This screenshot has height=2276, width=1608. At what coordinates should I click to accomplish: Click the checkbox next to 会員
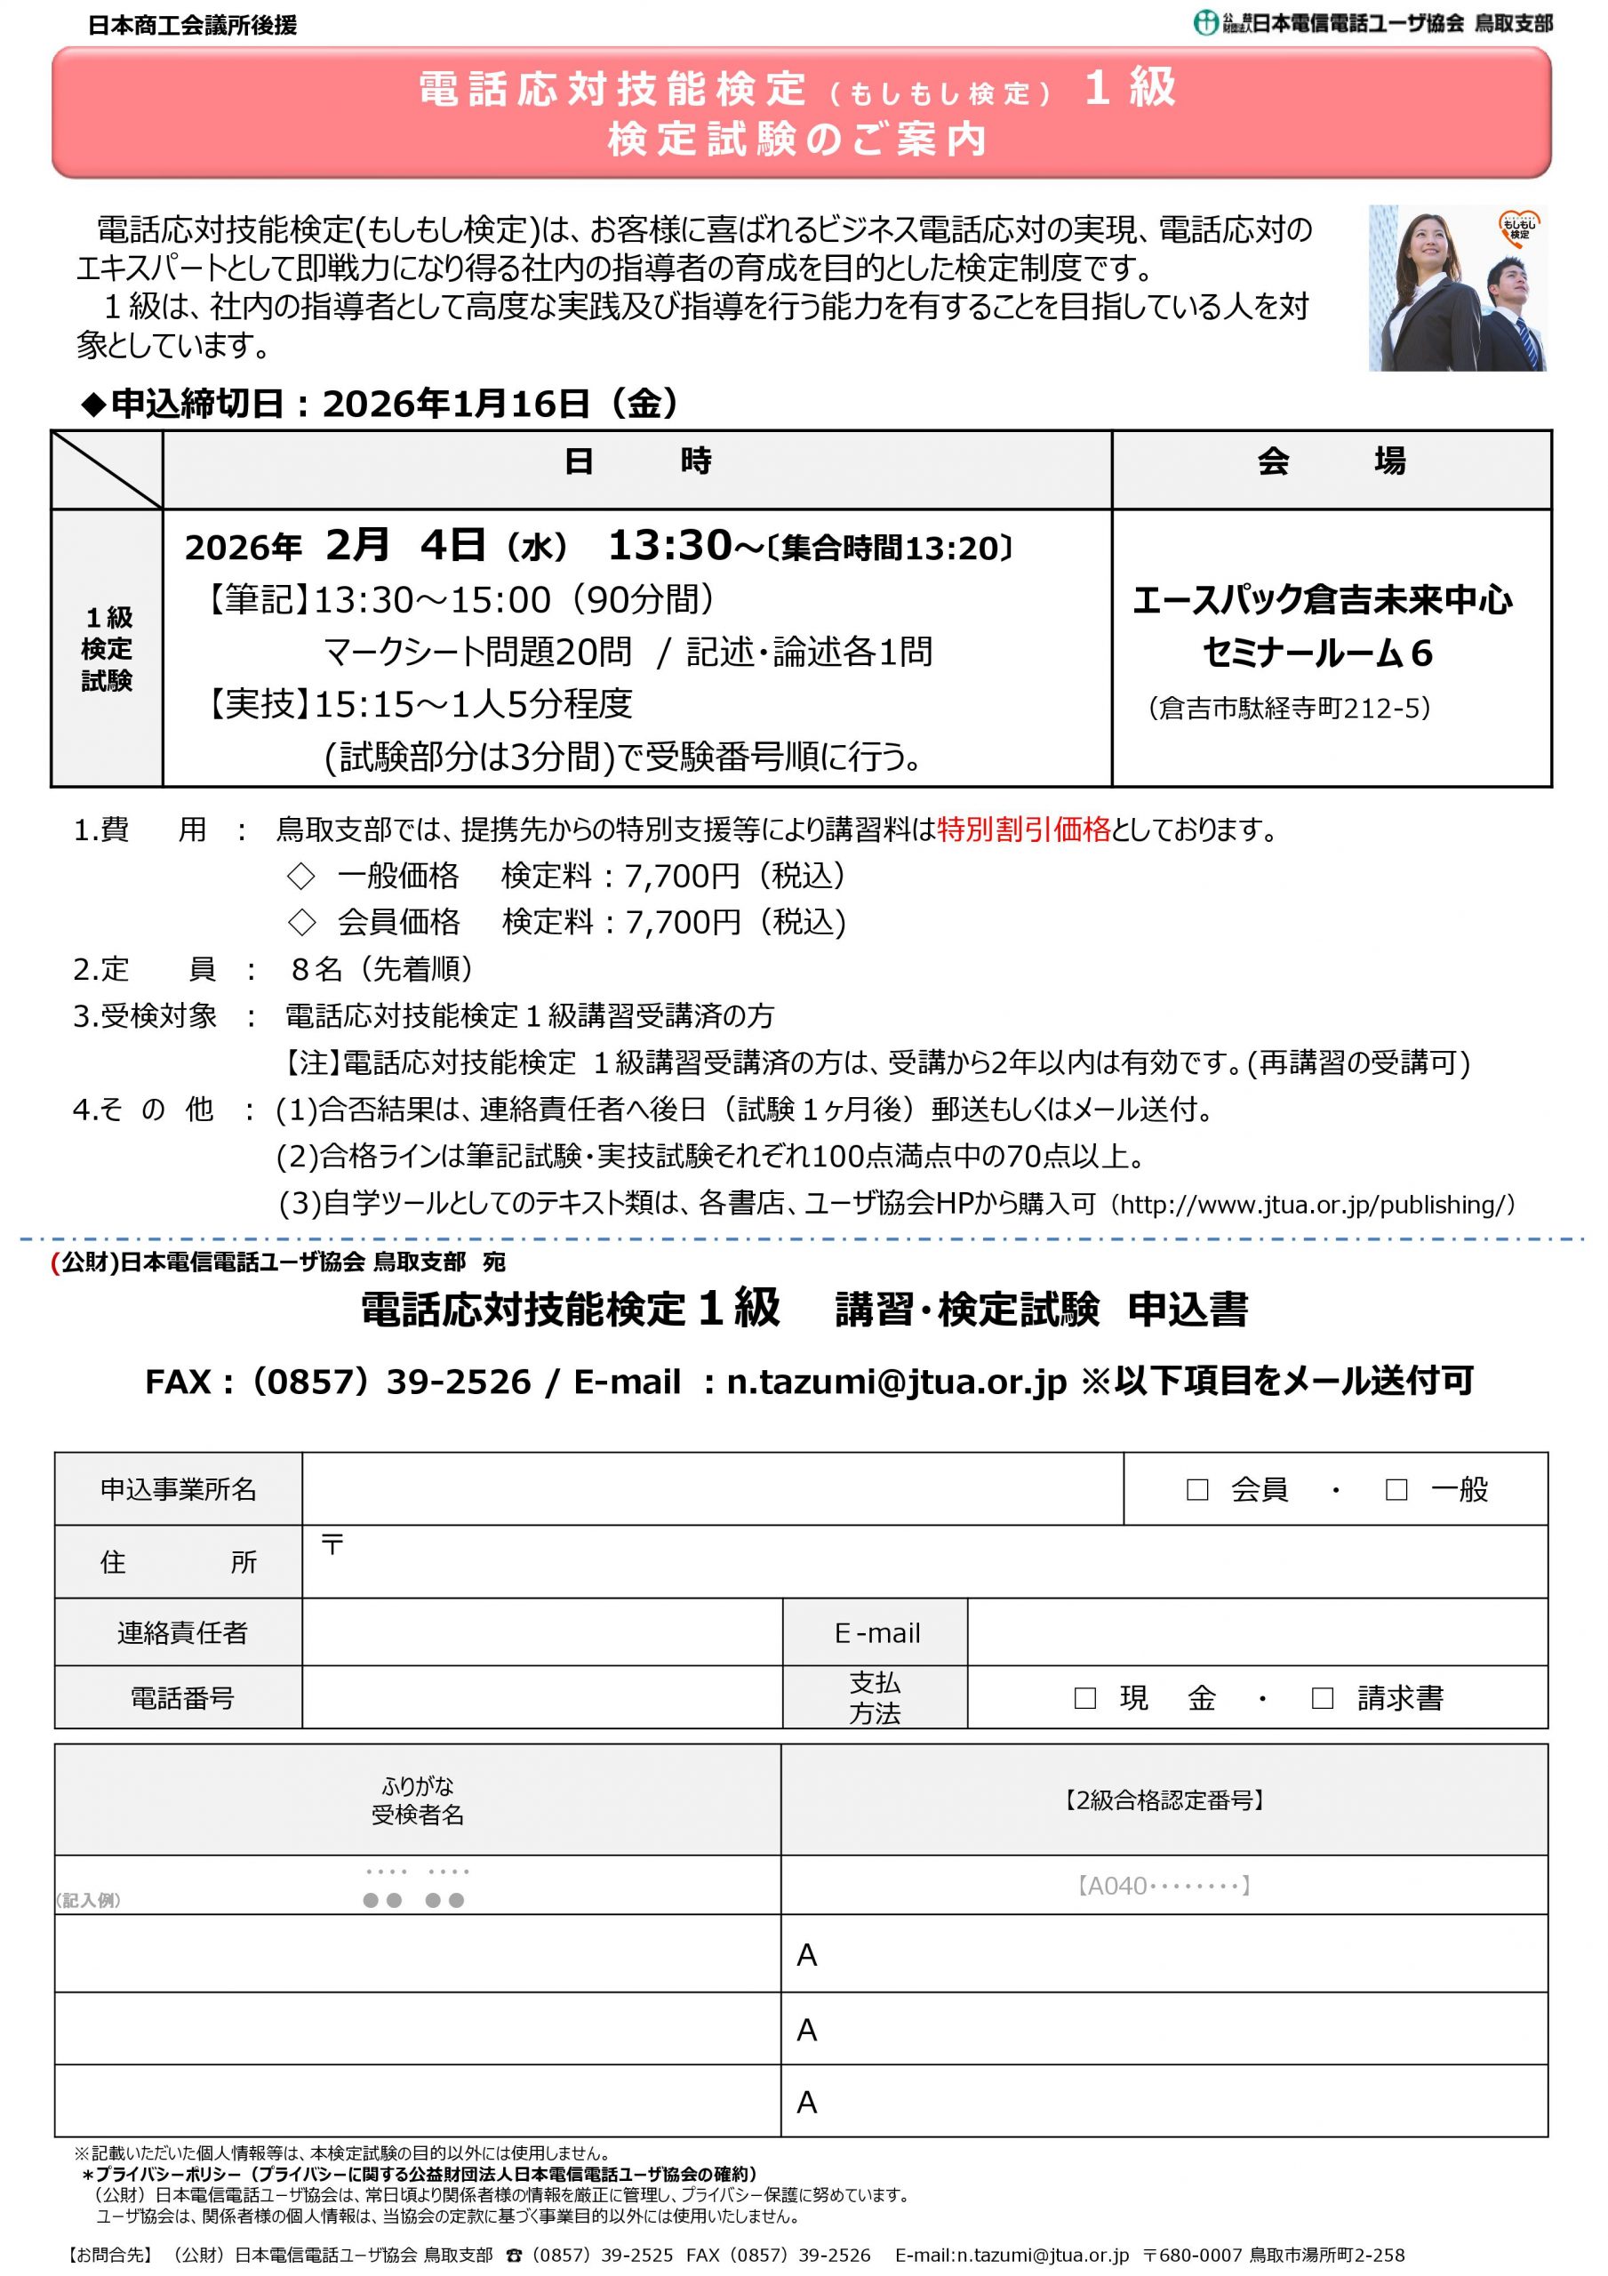pos(1196,1489)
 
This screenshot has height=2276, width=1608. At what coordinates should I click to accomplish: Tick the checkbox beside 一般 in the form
pos(1396,1489)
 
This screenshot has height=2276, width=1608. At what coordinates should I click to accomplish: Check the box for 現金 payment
pos(1085,1698)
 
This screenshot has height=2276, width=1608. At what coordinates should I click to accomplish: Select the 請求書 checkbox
pos(1322,1698)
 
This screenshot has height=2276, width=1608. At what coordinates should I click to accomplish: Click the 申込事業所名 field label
pos(179,1489)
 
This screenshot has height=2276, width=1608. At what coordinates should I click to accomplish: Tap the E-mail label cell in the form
pos(876,1632)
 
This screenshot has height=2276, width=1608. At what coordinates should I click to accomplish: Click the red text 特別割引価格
pos(1023,829)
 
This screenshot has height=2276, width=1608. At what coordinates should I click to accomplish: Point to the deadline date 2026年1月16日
pos(456,404)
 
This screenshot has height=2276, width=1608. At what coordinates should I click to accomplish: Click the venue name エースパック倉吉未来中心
pos(1323,601)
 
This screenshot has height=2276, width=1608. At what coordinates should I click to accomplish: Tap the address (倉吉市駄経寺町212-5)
pos(1289,708)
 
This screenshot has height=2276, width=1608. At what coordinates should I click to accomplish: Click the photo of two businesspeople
pos(1456,288)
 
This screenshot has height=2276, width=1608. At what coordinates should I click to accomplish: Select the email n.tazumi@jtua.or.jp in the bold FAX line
pos(896,1381)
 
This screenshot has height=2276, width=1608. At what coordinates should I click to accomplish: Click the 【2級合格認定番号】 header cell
pos(1164,1800)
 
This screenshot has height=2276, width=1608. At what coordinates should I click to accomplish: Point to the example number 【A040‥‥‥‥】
pos(1164,1886)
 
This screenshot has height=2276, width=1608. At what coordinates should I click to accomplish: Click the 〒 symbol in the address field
pos(332,1544)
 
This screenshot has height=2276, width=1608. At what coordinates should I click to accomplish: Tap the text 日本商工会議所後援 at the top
pos(192,26)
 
